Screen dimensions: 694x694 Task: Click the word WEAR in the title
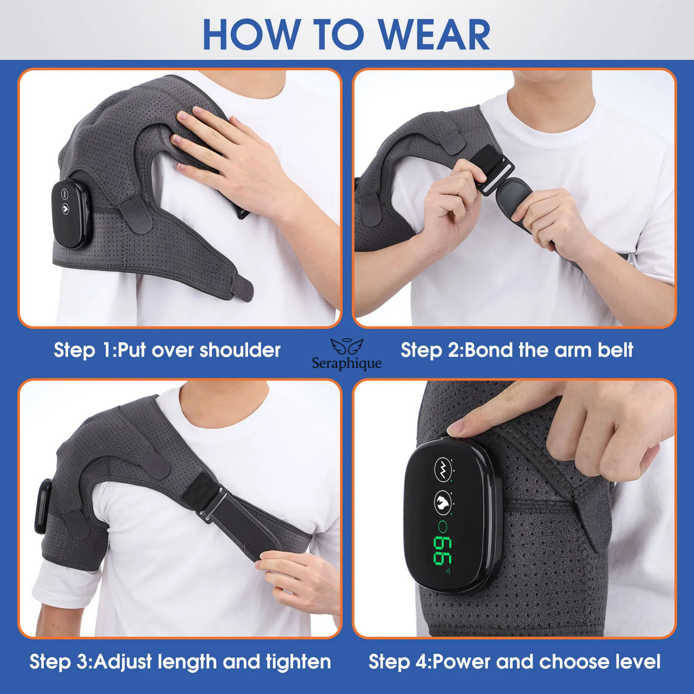[x=434, y=35]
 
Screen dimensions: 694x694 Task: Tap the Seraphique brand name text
[x=347, y=363]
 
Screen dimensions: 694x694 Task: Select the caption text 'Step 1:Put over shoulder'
[x=167, y=350]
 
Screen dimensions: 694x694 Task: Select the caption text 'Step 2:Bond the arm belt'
[x=517, y=350]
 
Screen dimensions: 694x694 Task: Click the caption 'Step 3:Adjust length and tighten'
[x=180, y=661]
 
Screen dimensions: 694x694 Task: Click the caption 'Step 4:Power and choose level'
[x=514, y=661]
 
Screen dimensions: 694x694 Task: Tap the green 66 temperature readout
[x=442, y=550]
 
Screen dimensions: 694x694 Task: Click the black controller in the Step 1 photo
[x=70, y=214]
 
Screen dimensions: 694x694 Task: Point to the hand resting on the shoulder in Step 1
[x=226, y=154]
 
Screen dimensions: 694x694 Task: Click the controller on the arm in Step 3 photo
[x=43, y=507]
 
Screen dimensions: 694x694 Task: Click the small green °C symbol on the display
[x=448, y=572]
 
